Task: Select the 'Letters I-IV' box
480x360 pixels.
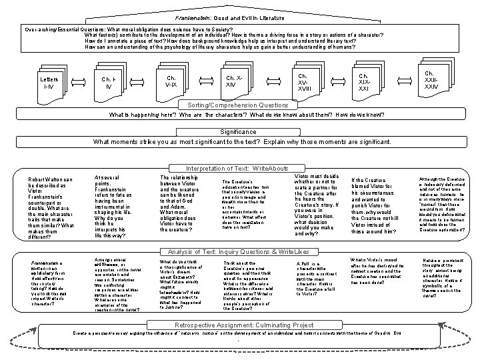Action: (x=49, y=83)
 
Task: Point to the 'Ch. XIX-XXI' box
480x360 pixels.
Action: (x=364, y=81)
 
